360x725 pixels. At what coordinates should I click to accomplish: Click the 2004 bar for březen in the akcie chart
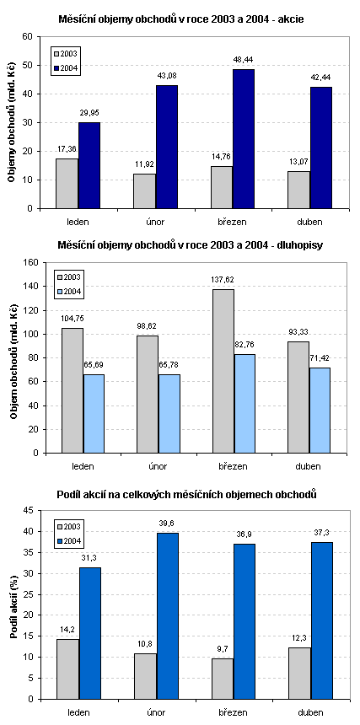point(244,139)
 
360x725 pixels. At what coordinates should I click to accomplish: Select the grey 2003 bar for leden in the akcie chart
point(67,184)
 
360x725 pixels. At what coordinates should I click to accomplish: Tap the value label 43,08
point(166,76)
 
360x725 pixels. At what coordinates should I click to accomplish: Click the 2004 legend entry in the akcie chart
point(67,69)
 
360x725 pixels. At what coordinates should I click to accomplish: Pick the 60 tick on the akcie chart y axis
point(30,36)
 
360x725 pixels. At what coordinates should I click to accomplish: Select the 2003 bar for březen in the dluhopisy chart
point(223,371)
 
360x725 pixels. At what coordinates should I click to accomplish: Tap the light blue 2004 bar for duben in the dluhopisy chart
point(320,411)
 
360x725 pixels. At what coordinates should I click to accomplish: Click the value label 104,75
point(73,319)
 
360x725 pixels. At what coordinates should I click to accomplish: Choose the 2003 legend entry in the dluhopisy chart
point(70,277)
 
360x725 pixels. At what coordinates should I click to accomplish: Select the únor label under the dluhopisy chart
point(159,466)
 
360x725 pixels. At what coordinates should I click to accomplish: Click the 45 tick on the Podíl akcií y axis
point(30,511)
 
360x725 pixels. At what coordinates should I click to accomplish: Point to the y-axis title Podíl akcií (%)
point(13,605)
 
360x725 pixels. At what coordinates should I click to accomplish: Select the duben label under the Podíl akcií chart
point(310,712)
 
